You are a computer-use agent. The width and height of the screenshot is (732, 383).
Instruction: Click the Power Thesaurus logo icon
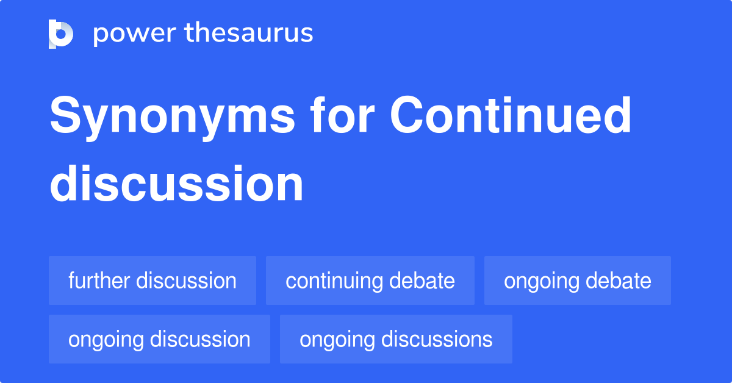point(61,34)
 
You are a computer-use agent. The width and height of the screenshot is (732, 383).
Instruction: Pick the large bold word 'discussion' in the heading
point(176,184)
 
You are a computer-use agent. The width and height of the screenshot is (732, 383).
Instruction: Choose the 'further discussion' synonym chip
point(152,281)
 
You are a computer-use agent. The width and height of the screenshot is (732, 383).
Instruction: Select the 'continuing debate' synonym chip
point(370,281)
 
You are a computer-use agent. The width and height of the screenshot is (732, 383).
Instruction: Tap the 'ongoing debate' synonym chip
point(577,281)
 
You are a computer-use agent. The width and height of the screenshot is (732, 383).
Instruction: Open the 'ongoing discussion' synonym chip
point(159,339)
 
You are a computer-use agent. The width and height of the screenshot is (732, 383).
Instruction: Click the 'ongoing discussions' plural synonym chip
point(396,339)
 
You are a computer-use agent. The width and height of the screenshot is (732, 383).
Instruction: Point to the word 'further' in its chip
point(99,281)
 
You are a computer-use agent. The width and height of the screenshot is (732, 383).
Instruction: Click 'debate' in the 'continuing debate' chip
point(423,281)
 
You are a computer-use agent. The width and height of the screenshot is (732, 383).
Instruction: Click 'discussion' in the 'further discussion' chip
point(186,281)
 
